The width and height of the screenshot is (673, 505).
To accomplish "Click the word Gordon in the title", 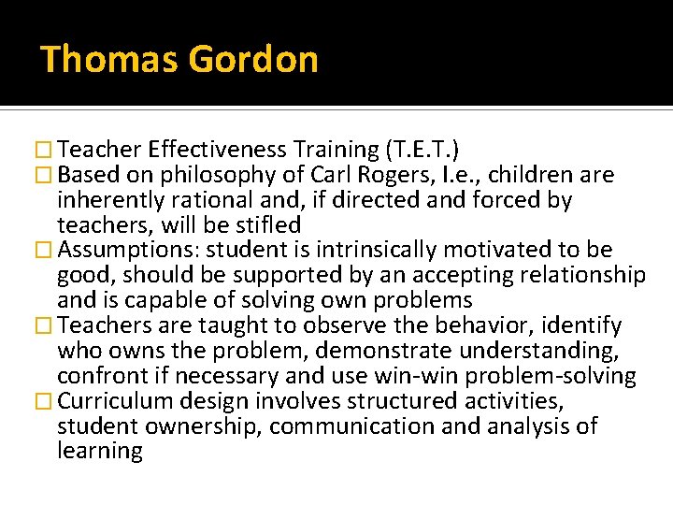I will tap(253, 60).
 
